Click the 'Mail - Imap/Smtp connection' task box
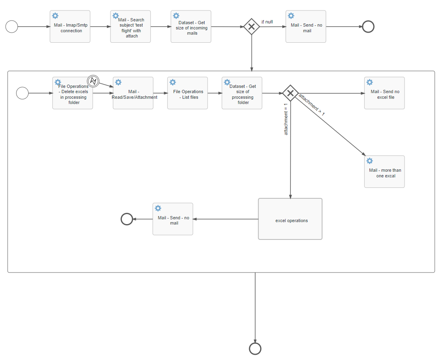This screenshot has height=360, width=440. pos(70,27)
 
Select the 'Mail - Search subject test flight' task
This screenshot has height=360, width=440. pos(130,27)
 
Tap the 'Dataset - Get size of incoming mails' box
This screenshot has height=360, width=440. pos(191,27)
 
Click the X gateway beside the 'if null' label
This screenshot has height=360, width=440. pos(251,27)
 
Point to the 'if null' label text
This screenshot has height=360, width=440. pos(267,22)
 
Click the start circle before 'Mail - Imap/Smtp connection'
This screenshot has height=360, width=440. pos(12,27)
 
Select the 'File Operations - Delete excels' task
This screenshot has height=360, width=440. pos(73,93)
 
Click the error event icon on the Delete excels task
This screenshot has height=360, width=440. pos(93,81)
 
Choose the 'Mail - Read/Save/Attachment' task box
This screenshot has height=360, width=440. pos(133,93)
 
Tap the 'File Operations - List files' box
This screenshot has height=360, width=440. pos(188,93)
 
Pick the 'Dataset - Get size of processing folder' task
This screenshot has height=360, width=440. pos(242,93)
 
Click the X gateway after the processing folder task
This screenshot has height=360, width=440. pos(290,93)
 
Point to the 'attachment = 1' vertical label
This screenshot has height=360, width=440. pos(286,120)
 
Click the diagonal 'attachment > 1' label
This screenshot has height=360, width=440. pos(311,105)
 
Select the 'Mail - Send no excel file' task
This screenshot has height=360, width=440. pos(384,93)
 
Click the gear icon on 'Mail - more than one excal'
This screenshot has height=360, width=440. pos(369,161)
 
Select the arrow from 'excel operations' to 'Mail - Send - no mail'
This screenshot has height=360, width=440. pos(226,219)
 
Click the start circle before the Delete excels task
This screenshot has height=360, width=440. pos(23,93)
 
